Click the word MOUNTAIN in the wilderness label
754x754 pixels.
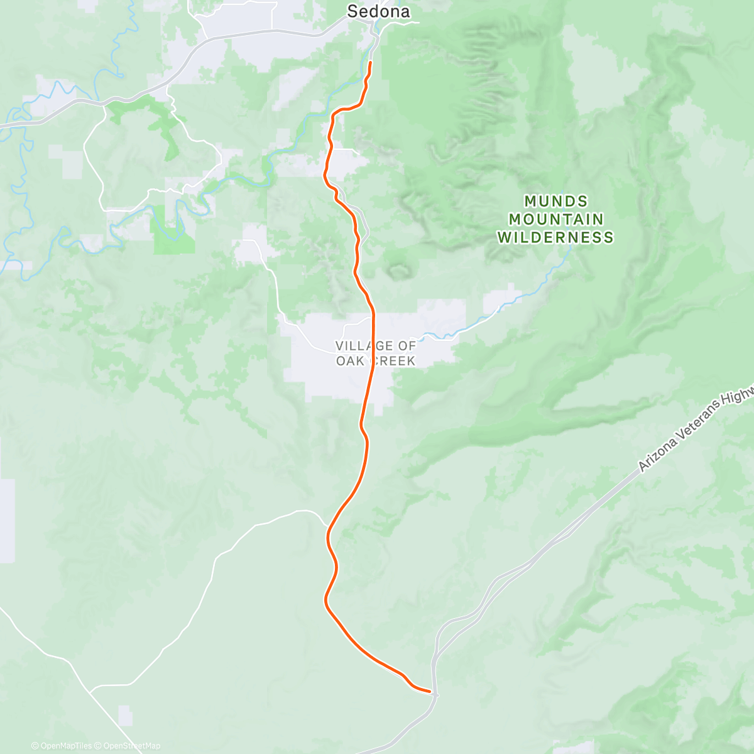pyautogui.click(x=556, y=219)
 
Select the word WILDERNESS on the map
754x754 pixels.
pyautogui.click(x=556, y=238)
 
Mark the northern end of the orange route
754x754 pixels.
pyautogui.click(x=370, y=63)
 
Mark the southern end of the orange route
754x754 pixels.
pyautogui.click(x=430, y=692)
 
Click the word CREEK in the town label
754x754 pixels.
pyautogui.click(x=393, y=361)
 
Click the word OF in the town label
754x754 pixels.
pyautogui.click(x=407, y=346)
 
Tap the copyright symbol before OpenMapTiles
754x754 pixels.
pyautogui.click(x=35, y=746)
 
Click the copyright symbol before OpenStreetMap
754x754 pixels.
pyautogui.click(x=98, y=746)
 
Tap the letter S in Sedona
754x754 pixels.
pyautogui.click(x=352, y=11)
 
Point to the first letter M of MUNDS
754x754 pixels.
pyautogui.click(x=530, y=202)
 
